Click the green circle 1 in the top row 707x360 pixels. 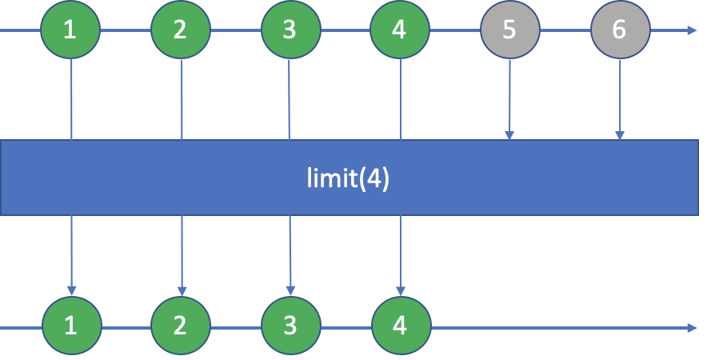pyautogui.click(x=71, y=30)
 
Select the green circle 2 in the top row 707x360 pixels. pyautogui.click(x=181, y=30)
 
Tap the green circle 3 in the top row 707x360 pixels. pyautogui.click(x=290, y=30)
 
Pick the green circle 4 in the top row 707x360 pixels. pyautogui.click(x=400, y=30)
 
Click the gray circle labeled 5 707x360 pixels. pyautogui.click(x=509, y=30)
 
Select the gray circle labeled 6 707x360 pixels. pyautogui.click(x=620, y=30)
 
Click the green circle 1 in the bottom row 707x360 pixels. pyautogui.click(x=72, y=326)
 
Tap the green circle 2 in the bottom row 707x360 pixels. pyautogui.click(x=182, y=326)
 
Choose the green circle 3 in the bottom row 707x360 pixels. pyautogui.click(x=291, y=326)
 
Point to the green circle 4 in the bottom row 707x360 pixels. pyautogui.click(x=401, y=326)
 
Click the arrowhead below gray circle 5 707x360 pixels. pyautogui.click(x=509, y=134)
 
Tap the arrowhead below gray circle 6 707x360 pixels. pyautogui.click(x=620, y=134)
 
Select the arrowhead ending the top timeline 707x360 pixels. pyautogui.click(x=692, y=30)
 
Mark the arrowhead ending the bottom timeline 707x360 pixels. pyautogui.click(x=692, y=327)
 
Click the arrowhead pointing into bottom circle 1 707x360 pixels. pyautogui.click(x=72, y=290)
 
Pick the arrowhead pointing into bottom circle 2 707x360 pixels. pyautogui.click(x=182, y=290)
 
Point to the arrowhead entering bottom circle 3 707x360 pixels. pyautogui.click(x=291, y=290)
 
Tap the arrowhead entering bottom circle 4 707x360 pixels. pyautogui.click(x=401, y=290)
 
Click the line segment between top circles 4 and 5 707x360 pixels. pyautogui.click(x=455, y=30)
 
